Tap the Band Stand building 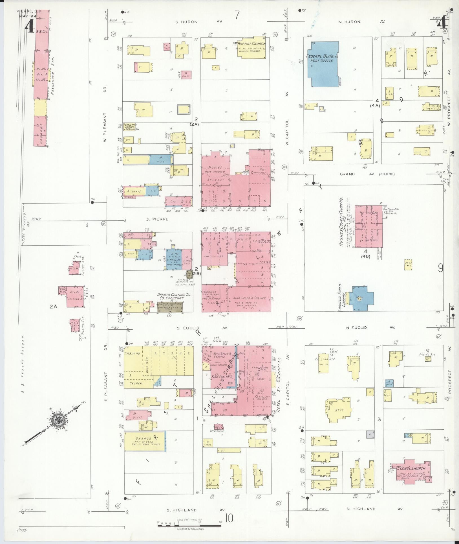408,265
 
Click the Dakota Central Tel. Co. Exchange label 170,296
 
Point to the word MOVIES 215,167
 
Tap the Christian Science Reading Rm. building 130,127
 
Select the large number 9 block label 440,268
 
